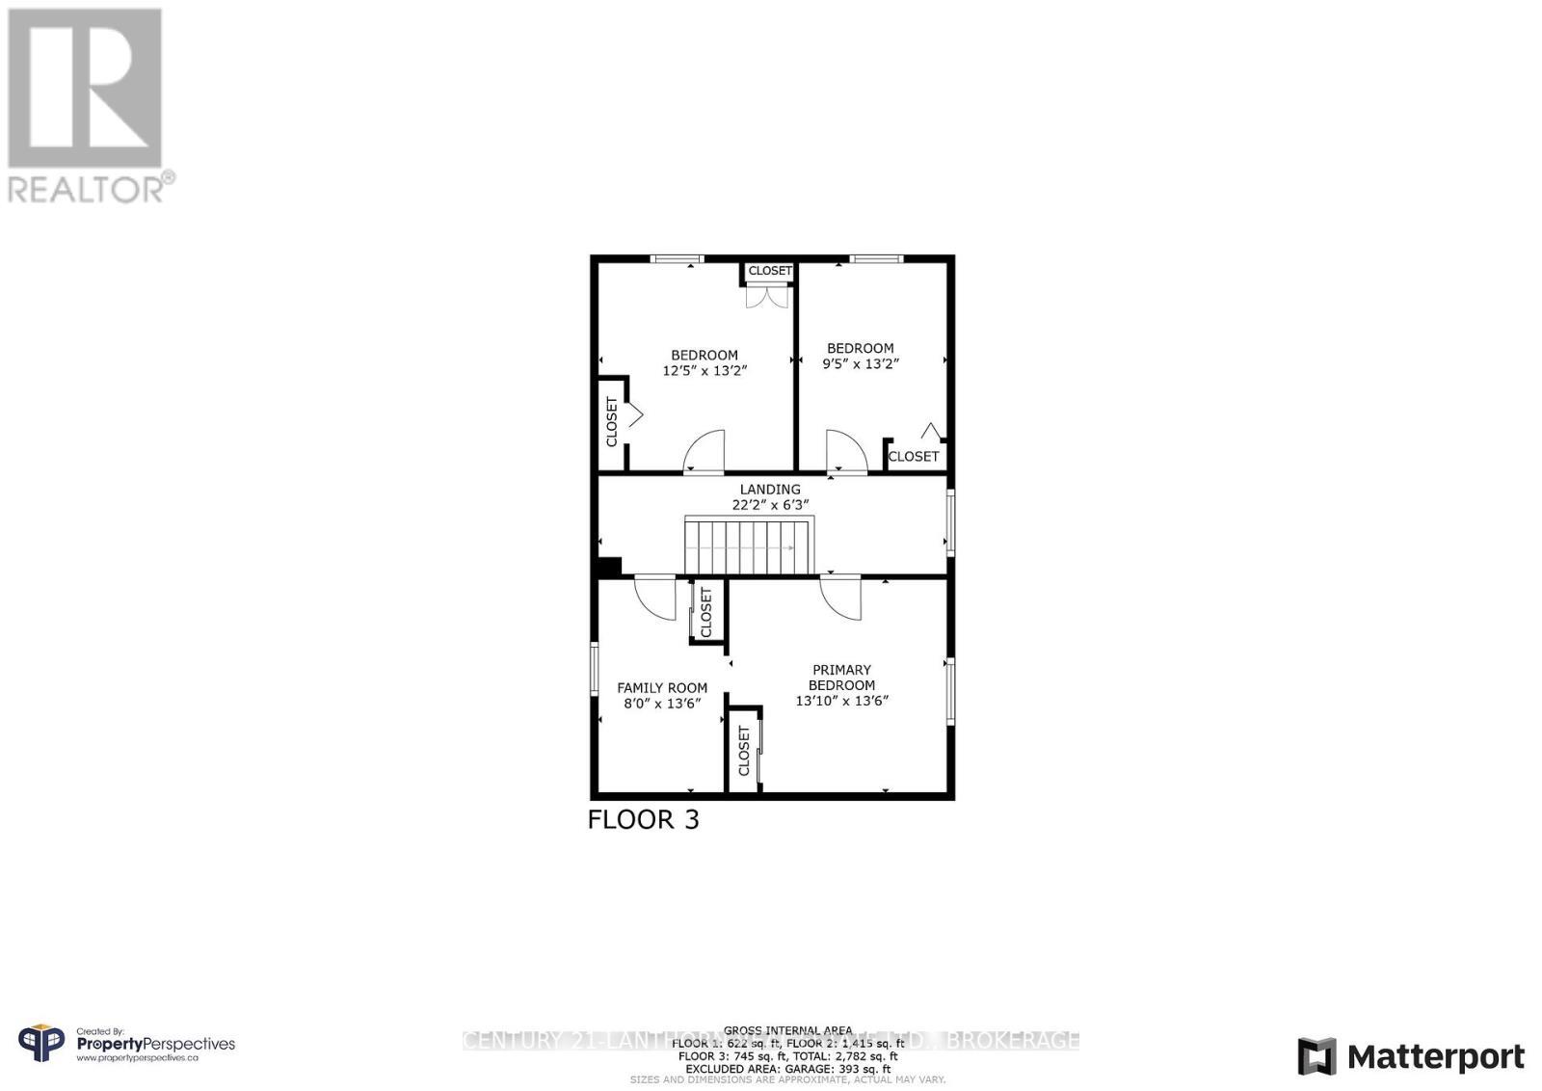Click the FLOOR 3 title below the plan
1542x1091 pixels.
pos(643,820)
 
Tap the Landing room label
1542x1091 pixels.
pos(770,490)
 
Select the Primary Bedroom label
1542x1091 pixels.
pos(841,678)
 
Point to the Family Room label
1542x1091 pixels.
pos(662,688)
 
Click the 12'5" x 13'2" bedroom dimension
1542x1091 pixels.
pos(705,370)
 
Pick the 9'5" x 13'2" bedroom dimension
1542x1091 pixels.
pos(861,364)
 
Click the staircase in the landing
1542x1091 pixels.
pos(749,546)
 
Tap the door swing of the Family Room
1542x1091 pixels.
pos(655,596)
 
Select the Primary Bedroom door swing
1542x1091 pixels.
pos(840,596)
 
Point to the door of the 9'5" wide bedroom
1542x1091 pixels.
pos(846,451)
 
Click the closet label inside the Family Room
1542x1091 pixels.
pos(706,612)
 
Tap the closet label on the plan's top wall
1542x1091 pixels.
pos(770,271)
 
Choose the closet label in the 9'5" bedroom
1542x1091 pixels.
pos(913,457)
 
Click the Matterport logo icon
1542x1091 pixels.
pos(1316,1056)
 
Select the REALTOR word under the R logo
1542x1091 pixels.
pos(87,188)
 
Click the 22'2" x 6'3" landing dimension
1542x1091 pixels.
pos(770,504)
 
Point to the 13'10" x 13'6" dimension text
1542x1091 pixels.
pos(841,701)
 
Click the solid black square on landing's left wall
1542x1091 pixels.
pos(609,567)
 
